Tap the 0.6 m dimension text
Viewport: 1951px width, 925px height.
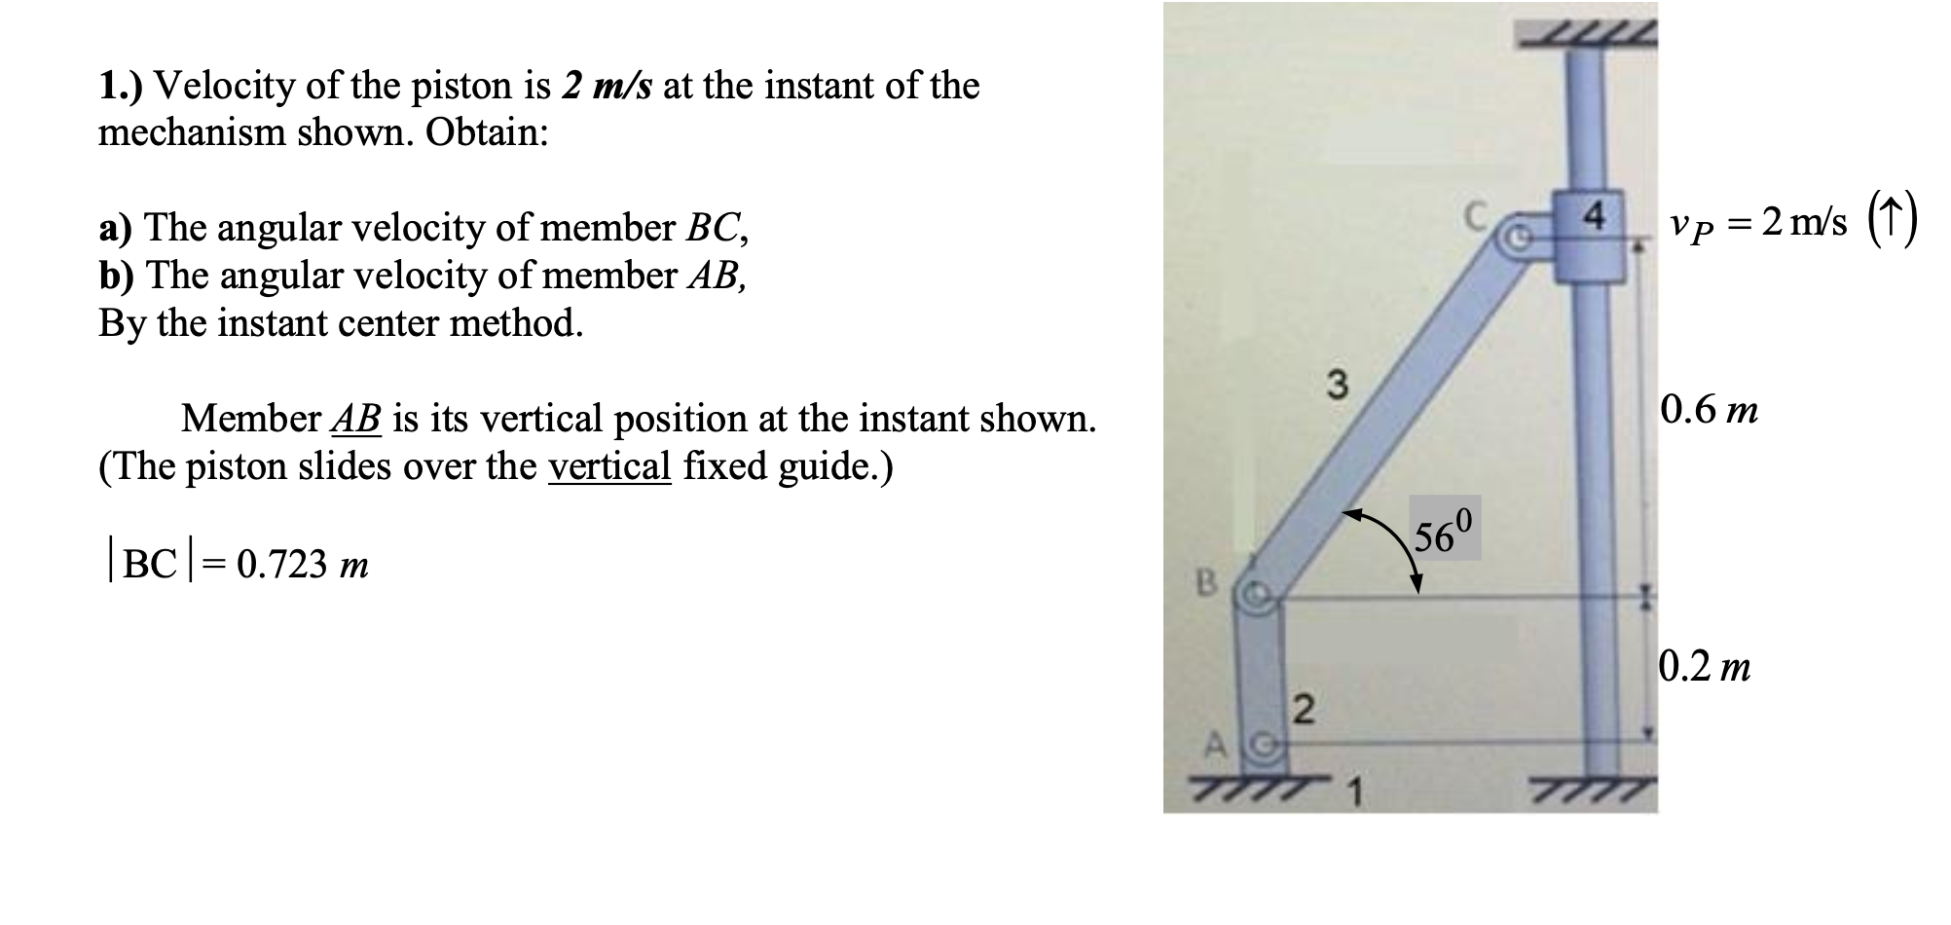1709,410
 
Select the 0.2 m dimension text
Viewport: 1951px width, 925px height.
1704,667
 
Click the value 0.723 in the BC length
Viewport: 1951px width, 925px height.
281,565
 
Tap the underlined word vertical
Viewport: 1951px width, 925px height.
609,466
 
